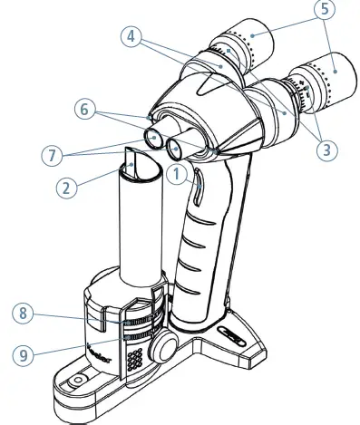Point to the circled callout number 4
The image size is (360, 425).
coord(135,39)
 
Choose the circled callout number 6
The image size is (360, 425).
coord(87,111)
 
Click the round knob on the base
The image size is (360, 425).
coord(165,346)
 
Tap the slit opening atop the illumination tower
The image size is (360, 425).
coord(133,163)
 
